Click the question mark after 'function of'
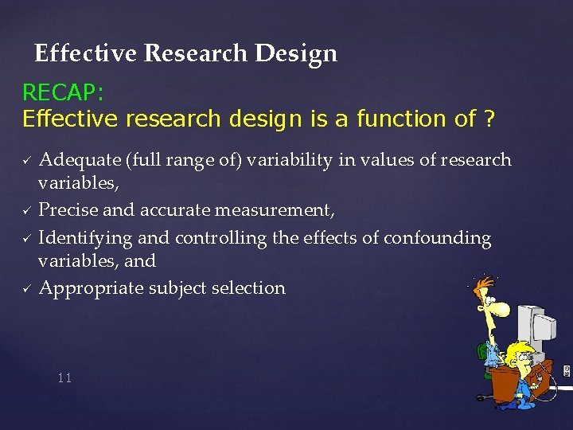(488, 119)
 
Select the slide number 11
(64, 377)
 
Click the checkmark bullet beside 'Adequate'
(26, 161)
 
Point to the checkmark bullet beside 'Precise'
(26, 211)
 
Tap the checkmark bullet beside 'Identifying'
(26, 239)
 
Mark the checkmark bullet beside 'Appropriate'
(26, 289)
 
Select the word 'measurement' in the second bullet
(286, 210)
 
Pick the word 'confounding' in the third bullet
(437, 238)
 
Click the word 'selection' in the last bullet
(248, 288)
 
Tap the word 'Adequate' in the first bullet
(80, 160)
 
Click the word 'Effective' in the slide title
(88, 53)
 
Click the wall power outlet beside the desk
(567, 371)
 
